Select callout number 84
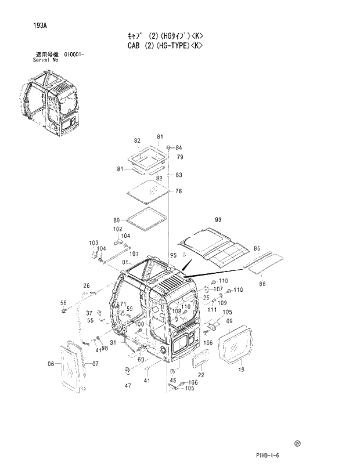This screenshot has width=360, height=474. click(178, 147)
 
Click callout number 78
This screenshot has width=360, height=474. click(179, 191)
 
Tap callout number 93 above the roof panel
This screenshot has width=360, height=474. click(218, 220)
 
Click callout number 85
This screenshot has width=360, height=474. click(257, 248)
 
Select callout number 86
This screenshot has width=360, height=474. click(262, 284)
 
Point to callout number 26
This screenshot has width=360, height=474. click(86, 285)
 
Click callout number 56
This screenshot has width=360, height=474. click(64, 302)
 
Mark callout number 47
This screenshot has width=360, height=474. click(127, 385)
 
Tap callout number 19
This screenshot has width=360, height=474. click(240, 369)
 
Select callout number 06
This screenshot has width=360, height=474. click(51, 364)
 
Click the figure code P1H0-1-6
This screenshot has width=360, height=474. click(267, 456)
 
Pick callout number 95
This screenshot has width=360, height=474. click(173, 255)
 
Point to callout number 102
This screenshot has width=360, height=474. click(117, 229)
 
